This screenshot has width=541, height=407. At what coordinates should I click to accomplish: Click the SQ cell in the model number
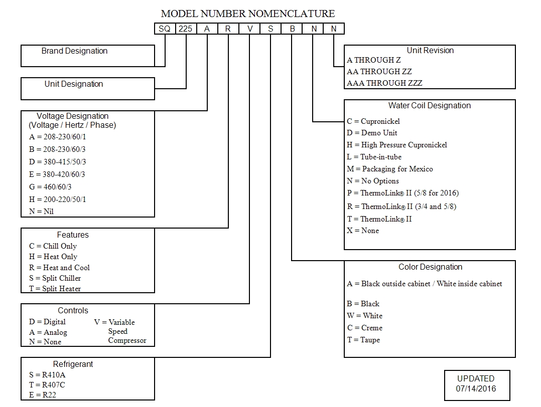coord(165,29)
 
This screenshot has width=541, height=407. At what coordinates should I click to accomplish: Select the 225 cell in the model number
coord(185,29)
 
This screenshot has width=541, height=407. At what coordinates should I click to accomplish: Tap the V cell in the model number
coord(249,29)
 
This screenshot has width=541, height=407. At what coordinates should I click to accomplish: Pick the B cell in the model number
coord(292,29)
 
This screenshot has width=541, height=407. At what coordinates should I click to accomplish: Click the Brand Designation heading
coord(74,51)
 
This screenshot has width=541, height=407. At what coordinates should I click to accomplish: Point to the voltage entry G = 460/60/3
coord(50,186)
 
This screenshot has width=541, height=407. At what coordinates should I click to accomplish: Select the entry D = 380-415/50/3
coord(57,161)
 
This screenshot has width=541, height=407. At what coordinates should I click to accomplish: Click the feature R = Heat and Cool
coord(59,267)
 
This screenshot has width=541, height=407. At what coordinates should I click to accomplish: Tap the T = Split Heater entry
coord(55,288)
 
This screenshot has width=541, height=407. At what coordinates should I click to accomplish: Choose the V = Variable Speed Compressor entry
coord(120,331)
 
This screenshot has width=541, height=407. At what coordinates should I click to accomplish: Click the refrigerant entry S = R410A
coord(47,374)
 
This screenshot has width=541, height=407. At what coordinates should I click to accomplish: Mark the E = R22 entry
coord(43,395)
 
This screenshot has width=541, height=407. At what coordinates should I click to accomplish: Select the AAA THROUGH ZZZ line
coord(384,83)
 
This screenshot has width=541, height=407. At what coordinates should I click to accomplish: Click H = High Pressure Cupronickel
coord(396,144)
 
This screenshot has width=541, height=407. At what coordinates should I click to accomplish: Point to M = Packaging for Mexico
coord(389,169)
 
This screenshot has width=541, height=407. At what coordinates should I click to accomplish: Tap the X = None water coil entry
coord(362,231)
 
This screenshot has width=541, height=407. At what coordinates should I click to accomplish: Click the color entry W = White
coord(364,315)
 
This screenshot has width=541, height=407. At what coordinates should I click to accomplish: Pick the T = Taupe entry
coord(363,339)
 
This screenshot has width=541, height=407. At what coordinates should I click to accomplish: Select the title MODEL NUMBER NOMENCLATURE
coord(247,14)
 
